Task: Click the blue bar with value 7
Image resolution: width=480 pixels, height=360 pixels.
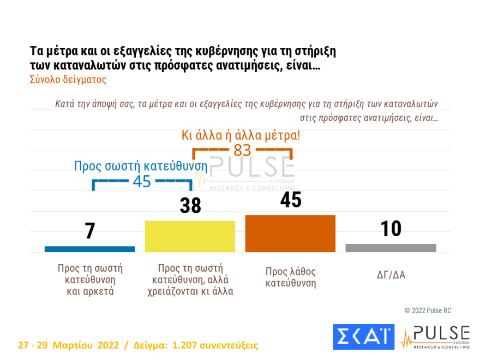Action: (89, 249)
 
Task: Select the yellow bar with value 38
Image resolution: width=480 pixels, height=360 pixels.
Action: (190, 236)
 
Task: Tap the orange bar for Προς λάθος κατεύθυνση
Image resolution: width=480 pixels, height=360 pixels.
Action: (290, 233)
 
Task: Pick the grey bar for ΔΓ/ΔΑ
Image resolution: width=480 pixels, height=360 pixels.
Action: (391, 248)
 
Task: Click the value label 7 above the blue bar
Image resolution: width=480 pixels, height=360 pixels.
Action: (90, 231)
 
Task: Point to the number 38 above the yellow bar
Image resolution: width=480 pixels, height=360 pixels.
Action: (190, 206)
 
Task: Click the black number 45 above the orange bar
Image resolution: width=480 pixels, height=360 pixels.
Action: (290, 200)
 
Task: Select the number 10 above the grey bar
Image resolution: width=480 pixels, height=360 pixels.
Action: (391, 229)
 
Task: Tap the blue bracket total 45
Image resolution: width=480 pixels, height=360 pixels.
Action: (142, 182)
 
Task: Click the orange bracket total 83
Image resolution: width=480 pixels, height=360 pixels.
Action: (242, 150)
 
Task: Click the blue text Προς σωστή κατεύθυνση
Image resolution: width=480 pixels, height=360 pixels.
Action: (141, 166)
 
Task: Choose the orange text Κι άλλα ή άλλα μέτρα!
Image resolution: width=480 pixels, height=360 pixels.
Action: (241, 135)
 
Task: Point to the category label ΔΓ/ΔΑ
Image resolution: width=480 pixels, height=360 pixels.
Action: (391, 274)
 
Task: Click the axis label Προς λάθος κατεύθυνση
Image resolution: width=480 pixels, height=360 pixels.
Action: (290, 277)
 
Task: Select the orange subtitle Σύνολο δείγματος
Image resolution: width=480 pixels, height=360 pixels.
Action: (68, 79)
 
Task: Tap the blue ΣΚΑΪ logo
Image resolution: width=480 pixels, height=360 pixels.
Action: (363, 337)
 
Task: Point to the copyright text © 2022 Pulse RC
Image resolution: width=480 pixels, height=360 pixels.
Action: (428, 310)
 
